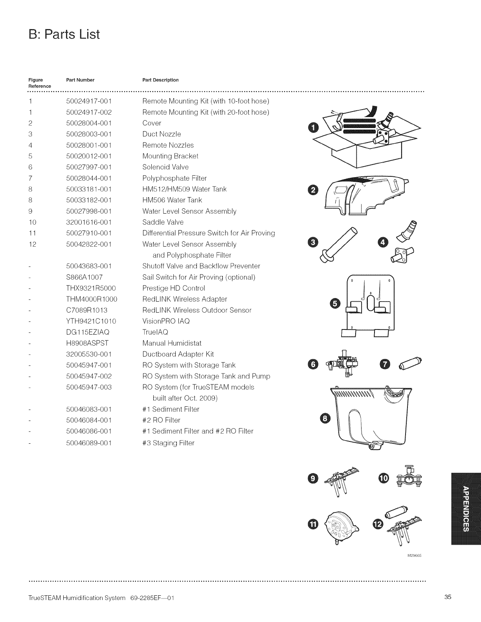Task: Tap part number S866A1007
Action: [x=84, y=277]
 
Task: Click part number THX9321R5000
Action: [x=91, y=288]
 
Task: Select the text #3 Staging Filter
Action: [x=168, y=443]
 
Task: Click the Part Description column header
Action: [x=160, y=80]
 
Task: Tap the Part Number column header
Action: [x=80, y=80]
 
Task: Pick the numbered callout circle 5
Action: [x=335, y=303]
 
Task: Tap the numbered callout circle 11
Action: [x=313, y=524]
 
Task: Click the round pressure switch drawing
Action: [x=339, y=525]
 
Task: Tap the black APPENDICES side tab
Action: [x=466, y=509]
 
